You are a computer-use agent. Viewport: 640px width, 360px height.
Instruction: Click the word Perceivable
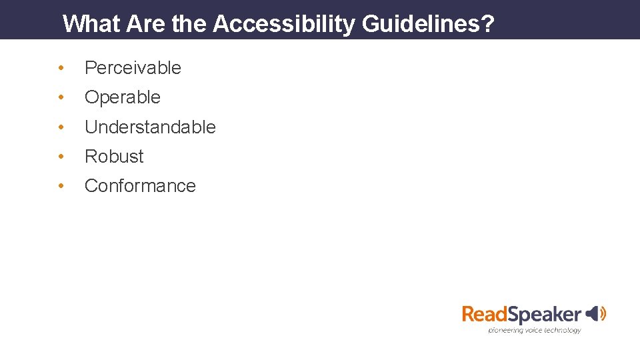[x=133, y=68]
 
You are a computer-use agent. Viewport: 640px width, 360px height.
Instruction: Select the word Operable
[x=123, y=97]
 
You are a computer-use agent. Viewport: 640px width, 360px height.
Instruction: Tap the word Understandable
[x=150, y=127]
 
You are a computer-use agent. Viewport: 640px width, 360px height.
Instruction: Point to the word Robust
[x=114, y=156]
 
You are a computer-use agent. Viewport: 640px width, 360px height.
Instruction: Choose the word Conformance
[x=140, y=185]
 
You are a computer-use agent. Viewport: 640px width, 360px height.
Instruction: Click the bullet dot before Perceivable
[x=61, y=68]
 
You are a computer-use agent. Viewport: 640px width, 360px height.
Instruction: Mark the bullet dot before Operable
[x=61, y=97]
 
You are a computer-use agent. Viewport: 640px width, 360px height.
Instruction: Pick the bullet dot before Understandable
[x=61, y=127]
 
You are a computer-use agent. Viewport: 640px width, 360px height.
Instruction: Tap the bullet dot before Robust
[x=61, y=156]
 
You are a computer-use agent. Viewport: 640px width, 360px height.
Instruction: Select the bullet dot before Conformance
[x=61, y=185]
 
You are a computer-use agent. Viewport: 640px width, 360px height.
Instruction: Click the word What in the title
[x=91, y=24]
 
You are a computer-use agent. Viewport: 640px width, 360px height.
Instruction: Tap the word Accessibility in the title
[x=285, y=24]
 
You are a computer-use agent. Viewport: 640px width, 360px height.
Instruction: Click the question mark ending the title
[x=487, y=24]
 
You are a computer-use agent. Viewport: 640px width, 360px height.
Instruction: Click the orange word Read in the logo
[x=487, y=314]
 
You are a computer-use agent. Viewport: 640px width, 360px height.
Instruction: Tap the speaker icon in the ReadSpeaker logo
[x=596, y=313]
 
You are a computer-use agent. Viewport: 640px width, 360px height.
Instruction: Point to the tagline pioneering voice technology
[x=534, y=329]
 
